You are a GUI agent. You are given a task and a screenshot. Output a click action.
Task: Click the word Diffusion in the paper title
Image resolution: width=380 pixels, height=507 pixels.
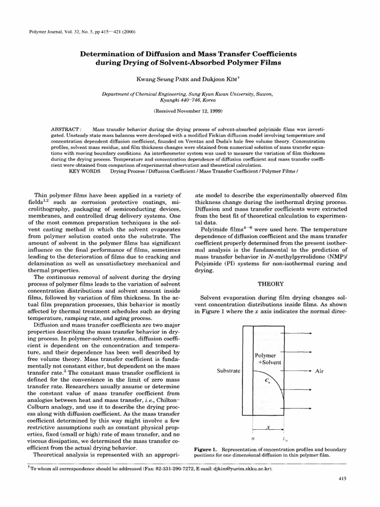[162, 53]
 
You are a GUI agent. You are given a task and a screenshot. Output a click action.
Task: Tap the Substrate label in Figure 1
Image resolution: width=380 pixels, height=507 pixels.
[229, 370]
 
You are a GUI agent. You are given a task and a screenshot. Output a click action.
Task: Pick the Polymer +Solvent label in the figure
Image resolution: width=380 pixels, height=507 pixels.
[268, 359]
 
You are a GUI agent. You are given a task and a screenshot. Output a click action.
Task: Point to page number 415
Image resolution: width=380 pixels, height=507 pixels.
[341, 479]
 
